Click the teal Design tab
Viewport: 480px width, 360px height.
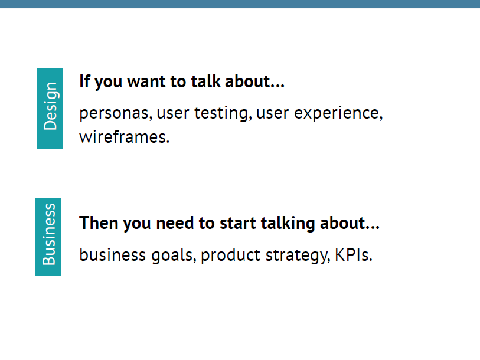click(50, 109)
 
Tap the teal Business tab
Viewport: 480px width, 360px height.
click(48, 237)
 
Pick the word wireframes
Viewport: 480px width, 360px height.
click(125, 136)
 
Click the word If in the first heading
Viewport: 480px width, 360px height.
click(85, 81)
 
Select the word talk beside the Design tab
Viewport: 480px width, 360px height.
click(205, 81)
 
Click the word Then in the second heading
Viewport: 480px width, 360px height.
click(99, 223)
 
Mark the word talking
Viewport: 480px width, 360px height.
click(288, 224)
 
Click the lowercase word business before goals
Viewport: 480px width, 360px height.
click(112, 255)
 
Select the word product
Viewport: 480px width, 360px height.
click(230, 256)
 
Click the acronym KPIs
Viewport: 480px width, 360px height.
click(354, 255)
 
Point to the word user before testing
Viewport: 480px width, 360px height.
click(173, 113)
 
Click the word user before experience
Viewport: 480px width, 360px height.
click(272, 113)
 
